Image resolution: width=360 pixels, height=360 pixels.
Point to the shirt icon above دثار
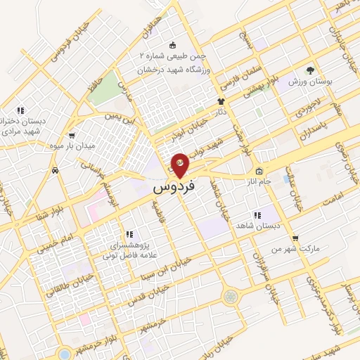point(221,101)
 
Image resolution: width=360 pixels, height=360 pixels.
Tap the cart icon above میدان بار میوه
point(71,135)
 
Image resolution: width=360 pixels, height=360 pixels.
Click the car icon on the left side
point(55,170)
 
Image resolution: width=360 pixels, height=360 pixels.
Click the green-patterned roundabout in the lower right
point(230,297)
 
